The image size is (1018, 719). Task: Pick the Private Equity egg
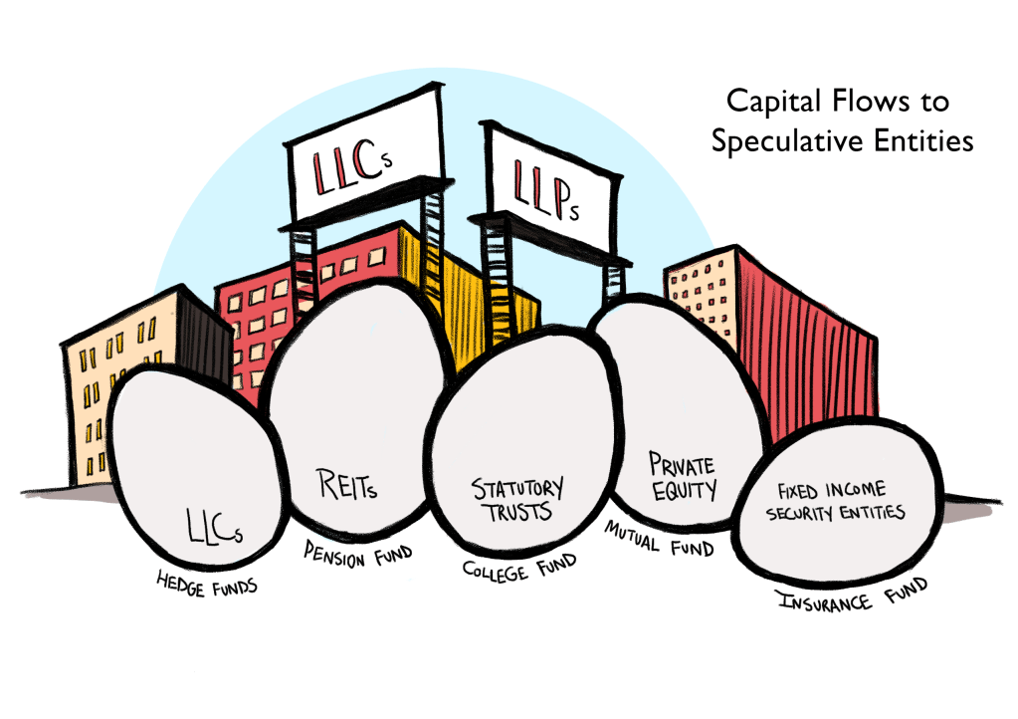(x=677, y=418)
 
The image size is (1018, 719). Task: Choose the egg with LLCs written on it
(x=199, y=468)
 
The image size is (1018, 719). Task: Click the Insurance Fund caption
(x=850, y=595)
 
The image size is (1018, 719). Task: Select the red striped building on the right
(x=806, y=329)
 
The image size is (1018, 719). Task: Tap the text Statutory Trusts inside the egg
(x=516, y=498)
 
